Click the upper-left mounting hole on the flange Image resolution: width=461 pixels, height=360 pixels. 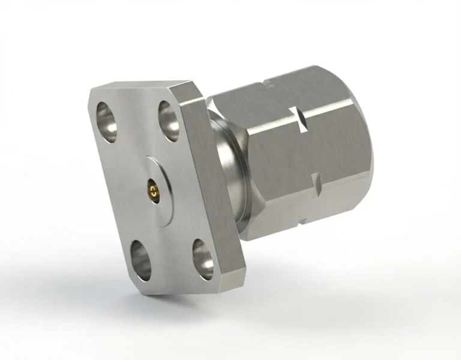(107, 115)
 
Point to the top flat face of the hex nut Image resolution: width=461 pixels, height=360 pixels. (282, 99)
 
